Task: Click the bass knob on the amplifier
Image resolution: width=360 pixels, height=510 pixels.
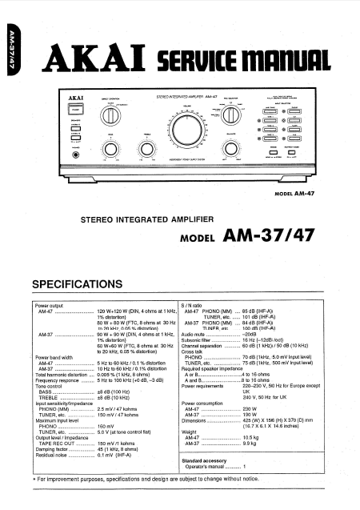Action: (111, 150)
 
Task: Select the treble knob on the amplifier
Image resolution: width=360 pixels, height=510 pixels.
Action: (145, 149)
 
